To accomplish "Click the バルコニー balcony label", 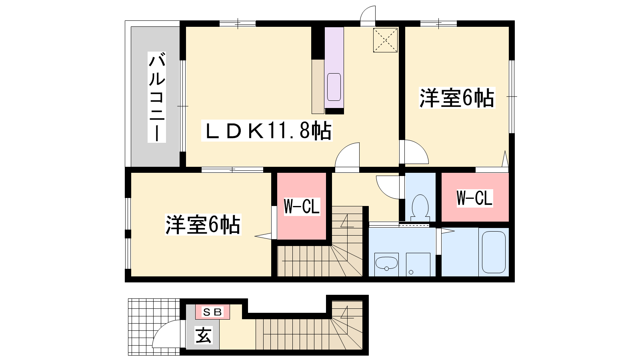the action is click(157, 97).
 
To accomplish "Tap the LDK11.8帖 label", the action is click(267, 131).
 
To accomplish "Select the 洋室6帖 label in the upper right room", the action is click(457, 98).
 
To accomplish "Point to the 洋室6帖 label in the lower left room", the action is click(203, 224).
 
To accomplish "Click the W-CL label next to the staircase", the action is click(302, 206).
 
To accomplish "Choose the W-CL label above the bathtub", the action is click(474, 198).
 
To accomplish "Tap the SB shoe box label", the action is click(212, 312).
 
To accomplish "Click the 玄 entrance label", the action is click(204, 335).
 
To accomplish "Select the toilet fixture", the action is click(420, 208).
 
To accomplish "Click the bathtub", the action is click(494, 252).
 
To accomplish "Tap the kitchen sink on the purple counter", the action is click(334, 87).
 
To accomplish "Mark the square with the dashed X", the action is click(385, 40).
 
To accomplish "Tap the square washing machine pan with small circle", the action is click(418, 264).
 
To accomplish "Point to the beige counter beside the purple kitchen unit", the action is click(318, 86).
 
